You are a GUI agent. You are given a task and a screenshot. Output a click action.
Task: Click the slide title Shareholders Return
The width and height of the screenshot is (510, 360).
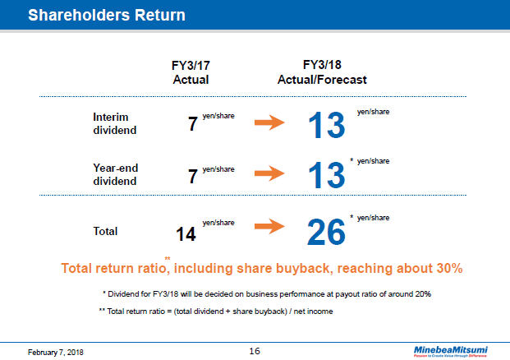(x=106, y=15)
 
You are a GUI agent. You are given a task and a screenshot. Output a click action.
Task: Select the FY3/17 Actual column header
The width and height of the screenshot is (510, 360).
(x=191, y=73)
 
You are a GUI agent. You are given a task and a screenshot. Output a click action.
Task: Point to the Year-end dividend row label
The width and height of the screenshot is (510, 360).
(x=116, y=174)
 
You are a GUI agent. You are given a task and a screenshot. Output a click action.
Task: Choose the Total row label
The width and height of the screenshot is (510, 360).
(x=106, y=231)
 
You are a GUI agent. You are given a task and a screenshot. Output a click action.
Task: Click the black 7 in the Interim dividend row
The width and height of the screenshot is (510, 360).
(x=193, y=126)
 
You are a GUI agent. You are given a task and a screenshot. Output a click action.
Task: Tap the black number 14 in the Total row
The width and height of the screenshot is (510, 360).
(x=186, y=234)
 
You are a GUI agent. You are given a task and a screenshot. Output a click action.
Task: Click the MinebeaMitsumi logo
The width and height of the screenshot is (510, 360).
(x=450, y=348)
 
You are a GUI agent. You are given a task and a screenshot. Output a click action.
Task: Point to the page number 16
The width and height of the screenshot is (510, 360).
(x=255, y=350)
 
